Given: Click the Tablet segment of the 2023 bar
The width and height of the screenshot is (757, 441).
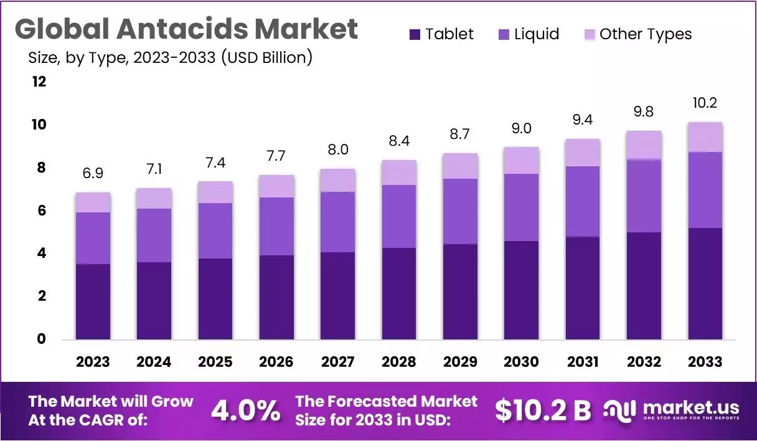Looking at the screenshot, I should tap(93, 301).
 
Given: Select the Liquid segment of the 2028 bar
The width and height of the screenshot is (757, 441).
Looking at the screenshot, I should tap(398, 216).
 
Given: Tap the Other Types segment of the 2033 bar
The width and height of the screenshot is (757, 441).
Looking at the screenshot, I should tap(705, 137).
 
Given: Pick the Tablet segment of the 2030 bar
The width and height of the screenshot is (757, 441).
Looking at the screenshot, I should tap(521, 290).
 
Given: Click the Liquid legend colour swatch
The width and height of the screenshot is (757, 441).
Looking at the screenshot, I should tap(504, 34).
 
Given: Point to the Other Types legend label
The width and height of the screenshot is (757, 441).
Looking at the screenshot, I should tap(646, 34).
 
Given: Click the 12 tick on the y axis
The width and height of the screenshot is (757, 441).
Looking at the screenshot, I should tap(39, 82).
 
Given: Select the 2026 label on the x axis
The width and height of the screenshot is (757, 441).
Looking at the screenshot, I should tap(276, 362).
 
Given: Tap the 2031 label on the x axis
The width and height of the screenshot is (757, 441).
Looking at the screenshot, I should tap(583, 362).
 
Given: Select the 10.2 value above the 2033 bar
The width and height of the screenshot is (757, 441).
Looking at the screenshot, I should tap(705, 103).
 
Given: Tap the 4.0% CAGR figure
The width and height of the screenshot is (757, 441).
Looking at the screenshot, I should tap(245, 410).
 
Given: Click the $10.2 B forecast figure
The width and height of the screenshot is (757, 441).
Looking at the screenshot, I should tap(543, 410).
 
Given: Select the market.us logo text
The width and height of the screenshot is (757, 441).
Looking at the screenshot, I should tap(691, 408).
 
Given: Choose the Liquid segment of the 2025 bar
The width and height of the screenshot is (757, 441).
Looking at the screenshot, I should tap(215, 230).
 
